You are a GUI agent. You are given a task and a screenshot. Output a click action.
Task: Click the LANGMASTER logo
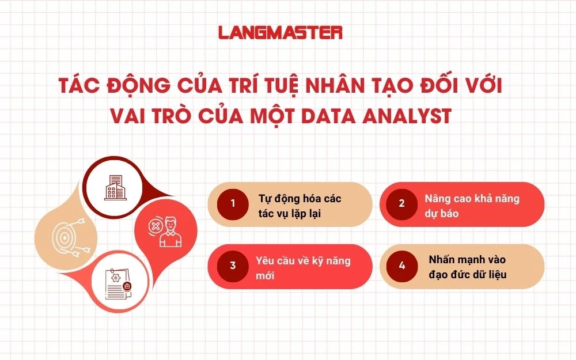click(281, 32)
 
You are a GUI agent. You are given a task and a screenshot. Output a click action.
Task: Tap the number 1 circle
click(233, 203)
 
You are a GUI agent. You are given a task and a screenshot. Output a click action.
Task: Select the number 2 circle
click(401, 203)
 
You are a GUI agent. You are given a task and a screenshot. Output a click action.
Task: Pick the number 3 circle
click(233, 266)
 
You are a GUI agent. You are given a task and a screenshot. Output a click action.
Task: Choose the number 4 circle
click(401, 266)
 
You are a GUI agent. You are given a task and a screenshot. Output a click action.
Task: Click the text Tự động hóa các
click(300, 199)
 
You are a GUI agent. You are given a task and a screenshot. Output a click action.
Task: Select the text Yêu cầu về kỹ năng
click(303, 261)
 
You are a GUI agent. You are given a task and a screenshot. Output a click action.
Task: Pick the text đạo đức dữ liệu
click(468, 274)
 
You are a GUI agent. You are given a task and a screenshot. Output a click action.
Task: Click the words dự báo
click(442, 213)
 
